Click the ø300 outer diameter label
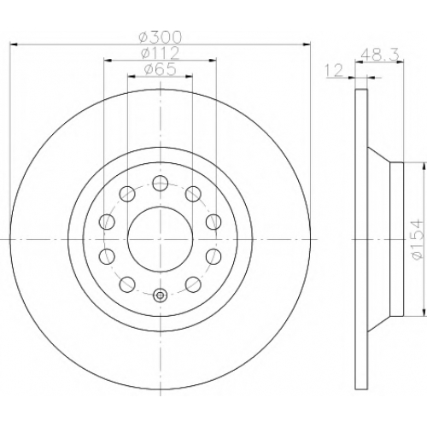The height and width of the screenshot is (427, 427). click(160, 38)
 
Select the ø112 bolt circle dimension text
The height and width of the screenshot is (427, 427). click(161, 53)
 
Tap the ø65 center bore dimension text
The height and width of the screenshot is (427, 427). click(161, 69)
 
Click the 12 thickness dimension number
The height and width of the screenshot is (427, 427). click(334, 70)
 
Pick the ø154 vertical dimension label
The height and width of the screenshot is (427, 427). click(418, 239)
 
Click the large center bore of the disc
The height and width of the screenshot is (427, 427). click(161, 239)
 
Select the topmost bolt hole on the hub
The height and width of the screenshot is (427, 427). click(160, 183)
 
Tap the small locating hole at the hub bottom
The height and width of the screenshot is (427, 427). click(160, 295)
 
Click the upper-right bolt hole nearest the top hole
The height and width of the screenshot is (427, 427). click(193, 194)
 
